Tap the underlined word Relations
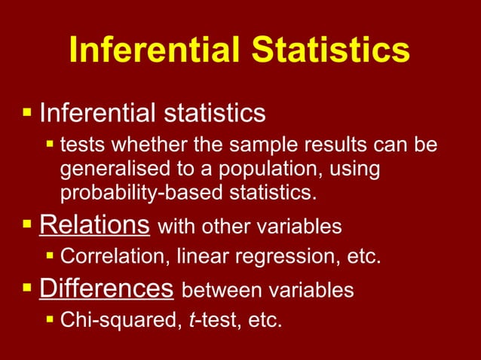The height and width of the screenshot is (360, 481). [x=94, y=225]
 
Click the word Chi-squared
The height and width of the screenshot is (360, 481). [x=118, y=321]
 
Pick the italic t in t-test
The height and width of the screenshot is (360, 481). [x=189, y=321]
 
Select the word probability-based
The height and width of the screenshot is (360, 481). [x=147, y=192]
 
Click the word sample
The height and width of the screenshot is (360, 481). [x=259, y=144]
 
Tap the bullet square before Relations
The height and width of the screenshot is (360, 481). [x=28, y=224]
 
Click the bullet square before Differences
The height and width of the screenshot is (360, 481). [x=28, y=288]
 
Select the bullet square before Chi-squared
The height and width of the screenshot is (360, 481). [x=51, y=320]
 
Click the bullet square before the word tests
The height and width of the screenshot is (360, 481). [x=51, y=143]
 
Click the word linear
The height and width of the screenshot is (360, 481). [x=206, y=257]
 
